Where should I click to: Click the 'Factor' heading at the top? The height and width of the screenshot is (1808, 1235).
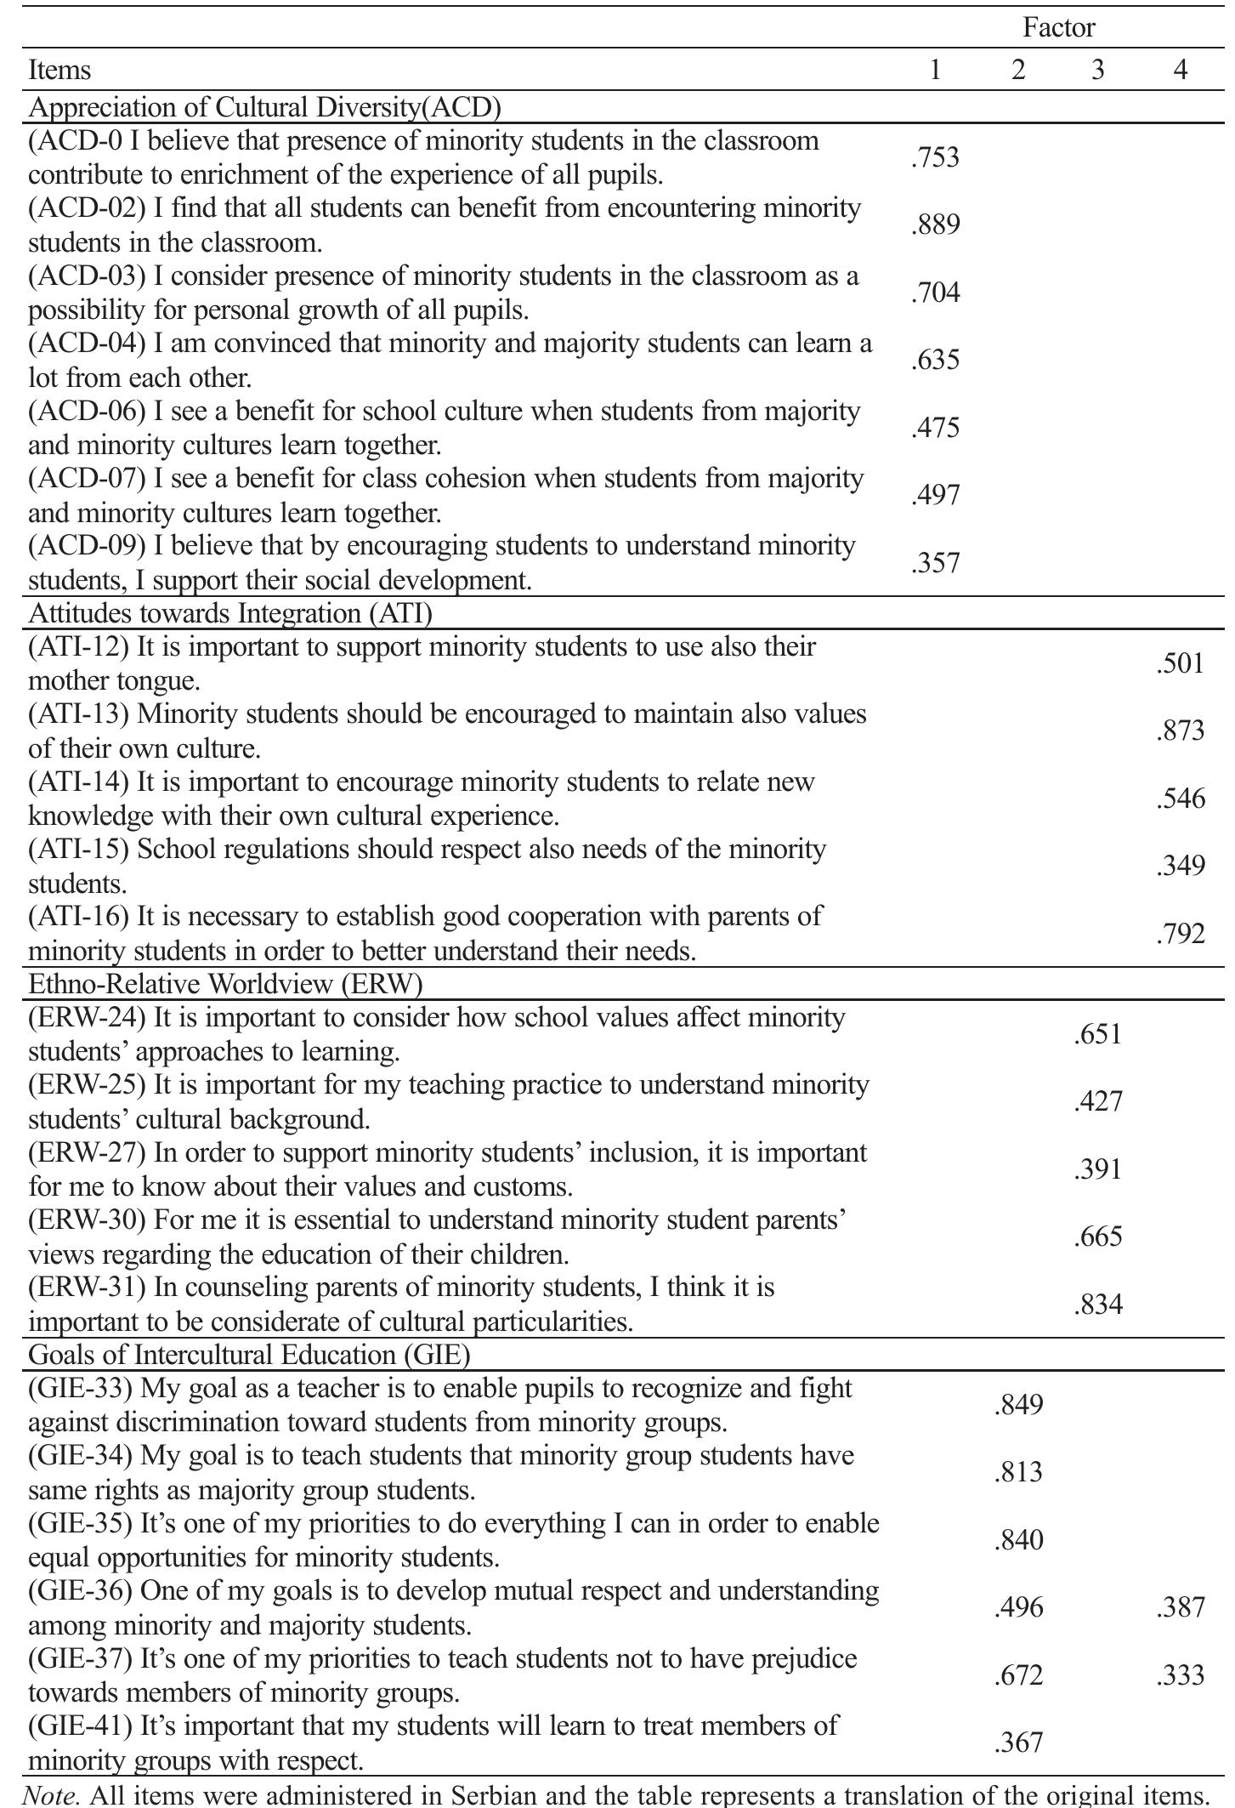[x=1058, y=28]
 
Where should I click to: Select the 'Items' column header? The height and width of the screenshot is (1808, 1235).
[x=59, y=69]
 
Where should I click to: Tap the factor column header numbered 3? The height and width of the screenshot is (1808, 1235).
[x=1097, y=69]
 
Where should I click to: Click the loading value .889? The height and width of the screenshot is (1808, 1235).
[x=935, y=225]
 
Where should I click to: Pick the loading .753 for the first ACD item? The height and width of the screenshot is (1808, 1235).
[x=935, y=157]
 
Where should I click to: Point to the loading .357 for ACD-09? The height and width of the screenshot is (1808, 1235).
[x=935, y=563]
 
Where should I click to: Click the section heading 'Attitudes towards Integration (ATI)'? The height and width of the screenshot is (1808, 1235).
[x=230, y=613]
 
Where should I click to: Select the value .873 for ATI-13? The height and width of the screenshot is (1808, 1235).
[x=1180, y=731]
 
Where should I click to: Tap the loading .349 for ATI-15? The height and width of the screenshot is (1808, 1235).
[x=1180, y=866]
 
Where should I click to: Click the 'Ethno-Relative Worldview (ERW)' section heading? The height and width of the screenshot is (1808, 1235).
[x=225, y=984]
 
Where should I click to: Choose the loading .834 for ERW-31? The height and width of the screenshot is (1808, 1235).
[x=1098, y=1305]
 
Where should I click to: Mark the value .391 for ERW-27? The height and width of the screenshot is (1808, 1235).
[x=1098, y=1169]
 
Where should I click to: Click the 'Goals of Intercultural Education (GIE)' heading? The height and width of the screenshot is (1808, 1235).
[x=249, y=1354]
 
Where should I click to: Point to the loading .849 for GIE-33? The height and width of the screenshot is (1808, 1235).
[x=1018, y=1405]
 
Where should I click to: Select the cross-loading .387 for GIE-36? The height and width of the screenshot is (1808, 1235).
[x=1180, y=1607]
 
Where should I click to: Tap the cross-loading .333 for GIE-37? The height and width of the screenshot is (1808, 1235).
[x=1180, y=1675]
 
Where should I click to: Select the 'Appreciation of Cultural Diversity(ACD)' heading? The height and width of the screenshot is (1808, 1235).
[x=264, y=107]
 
